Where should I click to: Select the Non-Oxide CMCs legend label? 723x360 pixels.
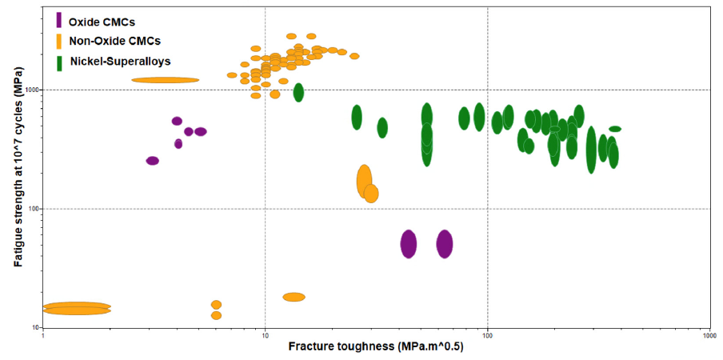point(110,41)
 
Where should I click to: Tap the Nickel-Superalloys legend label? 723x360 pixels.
point(120,61)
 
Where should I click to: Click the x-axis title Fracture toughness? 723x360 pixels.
point(375,346)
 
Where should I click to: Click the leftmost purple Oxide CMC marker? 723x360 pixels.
point(153,161)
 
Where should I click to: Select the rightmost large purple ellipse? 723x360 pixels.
point(445,243)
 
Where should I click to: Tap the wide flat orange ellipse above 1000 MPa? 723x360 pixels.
point(166,80)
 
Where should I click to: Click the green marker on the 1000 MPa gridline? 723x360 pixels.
point(298,92)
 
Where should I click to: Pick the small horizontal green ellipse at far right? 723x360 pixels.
point(615,129)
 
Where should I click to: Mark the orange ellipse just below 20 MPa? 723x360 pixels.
point(294,297)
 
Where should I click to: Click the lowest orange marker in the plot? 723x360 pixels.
point(216,315)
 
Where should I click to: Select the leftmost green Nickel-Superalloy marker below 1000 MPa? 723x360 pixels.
point(357,118)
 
